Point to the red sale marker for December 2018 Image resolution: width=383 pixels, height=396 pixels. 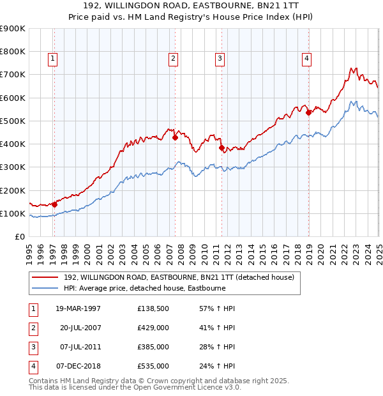308,112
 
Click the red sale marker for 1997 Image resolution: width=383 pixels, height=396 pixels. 54,204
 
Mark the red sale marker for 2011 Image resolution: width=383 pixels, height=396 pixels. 222,148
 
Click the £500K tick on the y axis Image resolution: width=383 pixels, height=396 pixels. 13,121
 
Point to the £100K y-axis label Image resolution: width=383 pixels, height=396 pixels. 13,213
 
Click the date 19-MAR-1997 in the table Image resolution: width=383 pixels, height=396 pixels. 79,308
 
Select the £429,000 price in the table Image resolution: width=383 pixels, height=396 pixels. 153,328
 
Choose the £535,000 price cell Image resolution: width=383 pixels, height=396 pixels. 153,366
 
